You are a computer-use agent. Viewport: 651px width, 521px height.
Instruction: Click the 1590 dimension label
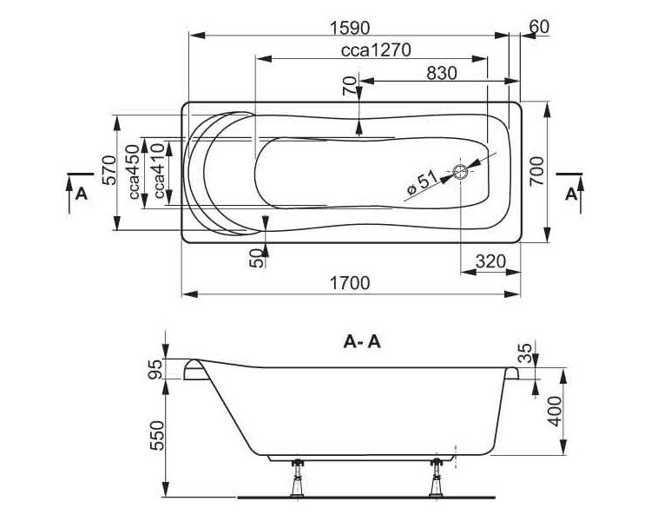click(x=350, y=29)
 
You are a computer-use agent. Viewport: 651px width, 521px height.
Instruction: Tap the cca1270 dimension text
click(x=376, y=50)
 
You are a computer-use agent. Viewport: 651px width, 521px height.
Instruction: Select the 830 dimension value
click(x=442, y=74)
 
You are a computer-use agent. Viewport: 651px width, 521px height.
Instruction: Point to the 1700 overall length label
click(x=350, y=283)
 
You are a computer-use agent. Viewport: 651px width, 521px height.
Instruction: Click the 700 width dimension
click(x=536, y=171)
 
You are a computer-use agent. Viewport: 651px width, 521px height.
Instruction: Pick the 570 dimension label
click(x=109, y=170)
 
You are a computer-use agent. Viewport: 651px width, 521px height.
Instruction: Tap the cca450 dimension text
click(x=134, y=172)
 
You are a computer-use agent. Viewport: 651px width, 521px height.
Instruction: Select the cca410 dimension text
click(x=158, y=171)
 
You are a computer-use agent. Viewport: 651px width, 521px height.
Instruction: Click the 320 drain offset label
click(x=490, y=261)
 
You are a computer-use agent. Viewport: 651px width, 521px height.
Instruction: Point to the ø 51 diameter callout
click(x=422, y=183)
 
